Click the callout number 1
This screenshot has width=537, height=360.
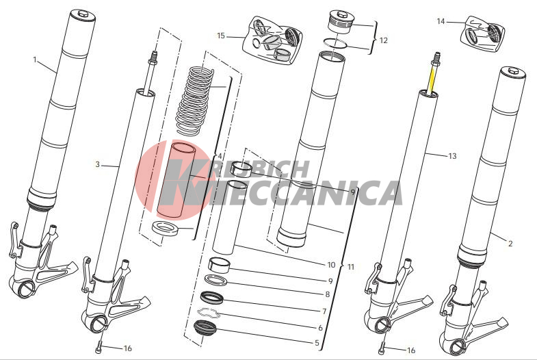[x=35, y=60]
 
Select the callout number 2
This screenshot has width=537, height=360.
[x=510, y=244]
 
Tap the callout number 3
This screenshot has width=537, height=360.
[x=98, y=164]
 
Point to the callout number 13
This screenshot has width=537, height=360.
[x=452, y=156]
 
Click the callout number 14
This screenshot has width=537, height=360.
[x=441, y=21]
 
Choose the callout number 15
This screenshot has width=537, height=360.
[x=221, y=36]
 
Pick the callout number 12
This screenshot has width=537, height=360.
[x=384, y=40]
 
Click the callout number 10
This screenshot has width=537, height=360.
[x=331, y=265]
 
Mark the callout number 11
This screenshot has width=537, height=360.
[x=351, y=267]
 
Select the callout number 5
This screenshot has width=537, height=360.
[x=317, y=342]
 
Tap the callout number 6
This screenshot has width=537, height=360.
[x=320, y=328]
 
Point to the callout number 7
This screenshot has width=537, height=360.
[x=324, y=311]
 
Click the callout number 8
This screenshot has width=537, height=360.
[x=328, y=294]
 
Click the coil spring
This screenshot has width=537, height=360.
[x=194, y=101]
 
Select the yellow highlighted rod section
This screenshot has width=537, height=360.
[x=432, y=79]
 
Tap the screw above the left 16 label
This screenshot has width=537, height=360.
[x=99, y=347]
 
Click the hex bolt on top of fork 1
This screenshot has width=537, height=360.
[x=83, y=14]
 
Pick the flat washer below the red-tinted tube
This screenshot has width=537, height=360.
[x=166, y=228]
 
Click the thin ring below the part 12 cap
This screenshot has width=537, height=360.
[x=336, y=43]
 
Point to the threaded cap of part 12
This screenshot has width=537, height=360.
[x=340, y=22]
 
